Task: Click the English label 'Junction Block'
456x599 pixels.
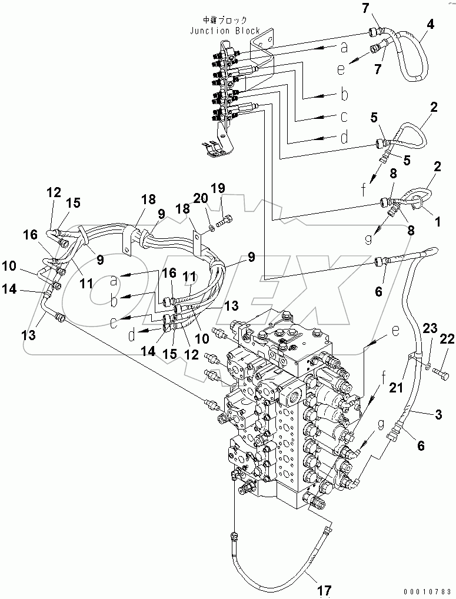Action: click(x=225, y=31)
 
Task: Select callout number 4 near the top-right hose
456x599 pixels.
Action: click(x=431, y=24)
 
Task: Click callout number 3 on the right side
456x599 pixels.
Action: click(x=438, y=416)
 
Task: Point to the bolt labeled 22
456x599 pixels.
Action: click(x=441, y=372)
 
